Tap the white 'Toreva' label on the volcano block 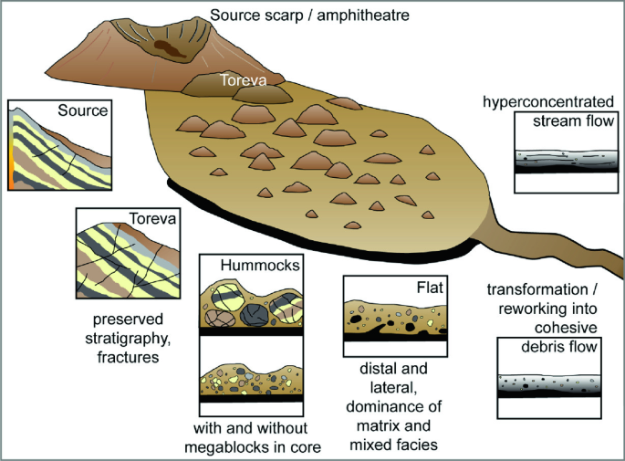242,81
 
